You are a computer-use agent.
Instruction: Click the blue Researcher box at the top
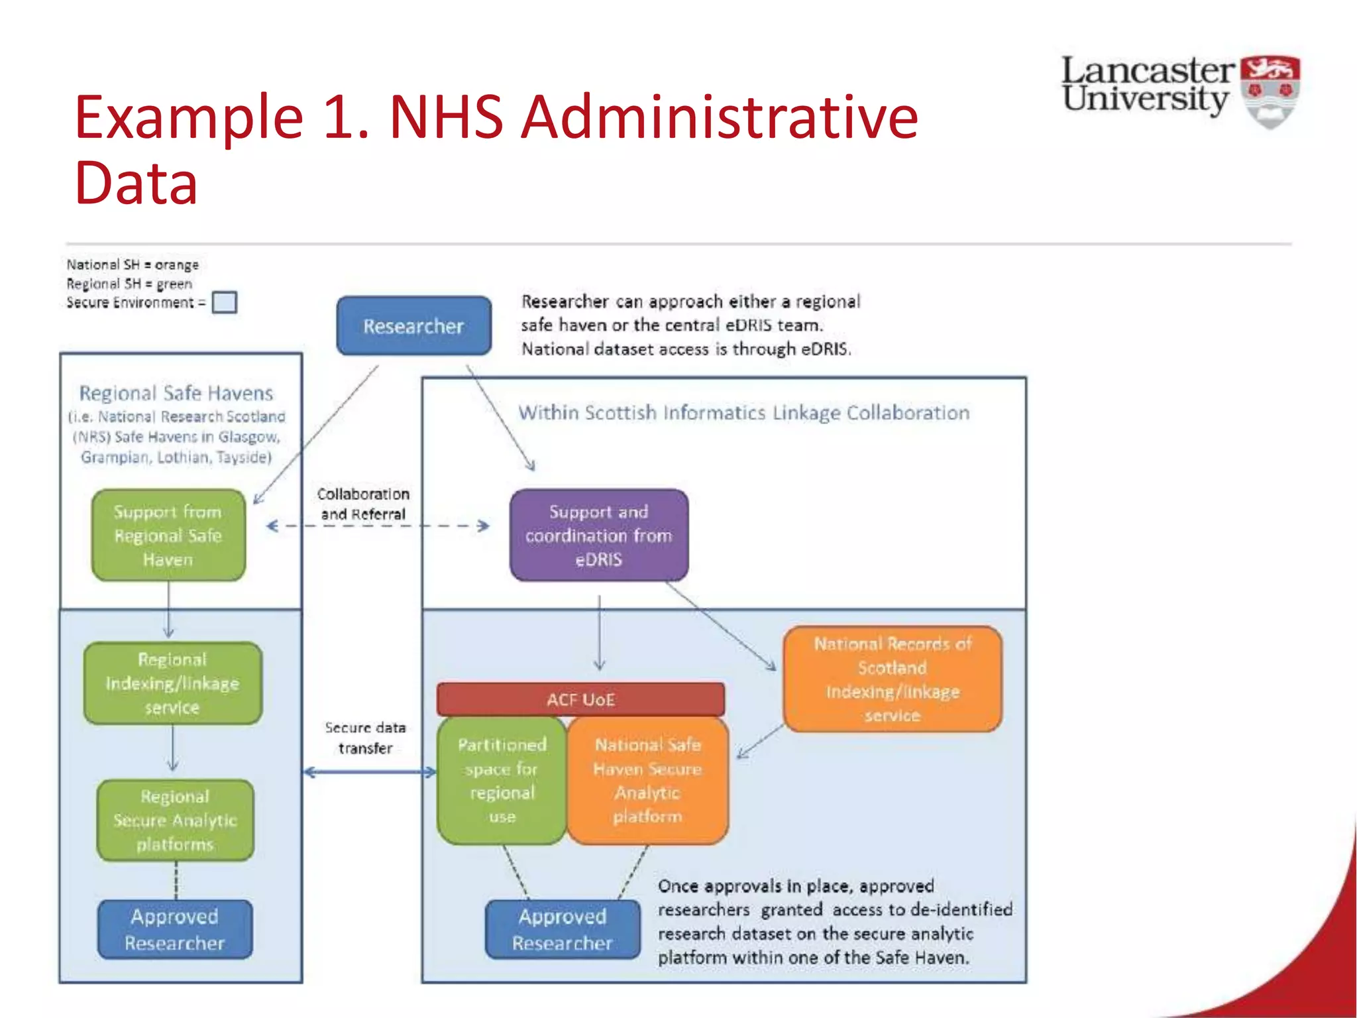413,325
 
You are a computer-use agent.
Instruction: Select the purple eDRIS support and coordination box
598,535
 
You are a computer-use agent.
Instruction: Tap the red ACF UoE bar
580,699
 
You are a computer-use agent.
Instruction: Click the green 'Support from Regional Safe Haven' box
168,535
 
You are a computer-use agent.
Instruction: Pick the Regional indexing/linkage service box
172,683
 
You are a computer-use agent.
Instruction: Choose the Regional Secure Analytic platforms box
175,820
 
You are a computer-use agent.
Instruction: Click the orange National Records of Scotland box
892,679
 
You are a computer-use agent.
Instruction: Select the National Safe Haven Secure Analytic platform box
647,780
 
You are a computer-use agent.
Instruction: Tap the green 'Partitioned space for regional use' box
502,780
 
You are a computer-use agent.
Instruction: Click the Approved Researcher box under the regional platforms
175,929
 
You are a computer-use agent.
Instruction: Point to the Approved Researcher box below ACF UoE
563,929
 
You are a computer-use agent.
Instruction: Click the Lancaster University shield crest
1270,91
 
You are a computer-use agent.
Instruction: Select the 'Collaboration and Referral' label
363,504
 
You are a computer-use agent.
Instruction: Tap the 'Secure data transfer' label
365,738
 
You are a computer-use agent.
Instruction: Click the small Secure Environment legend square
225,302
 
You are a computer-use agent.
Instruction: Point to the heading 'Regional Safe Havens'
176,393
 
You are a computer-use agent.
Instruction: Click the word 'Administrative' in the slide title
719,117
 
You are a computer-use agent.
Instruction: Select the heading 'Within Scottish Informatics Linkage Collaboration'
743,413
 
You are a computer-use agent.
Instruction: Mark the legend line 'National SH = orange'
133,264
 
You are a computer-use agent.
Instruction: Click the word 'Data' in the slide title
136,183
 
